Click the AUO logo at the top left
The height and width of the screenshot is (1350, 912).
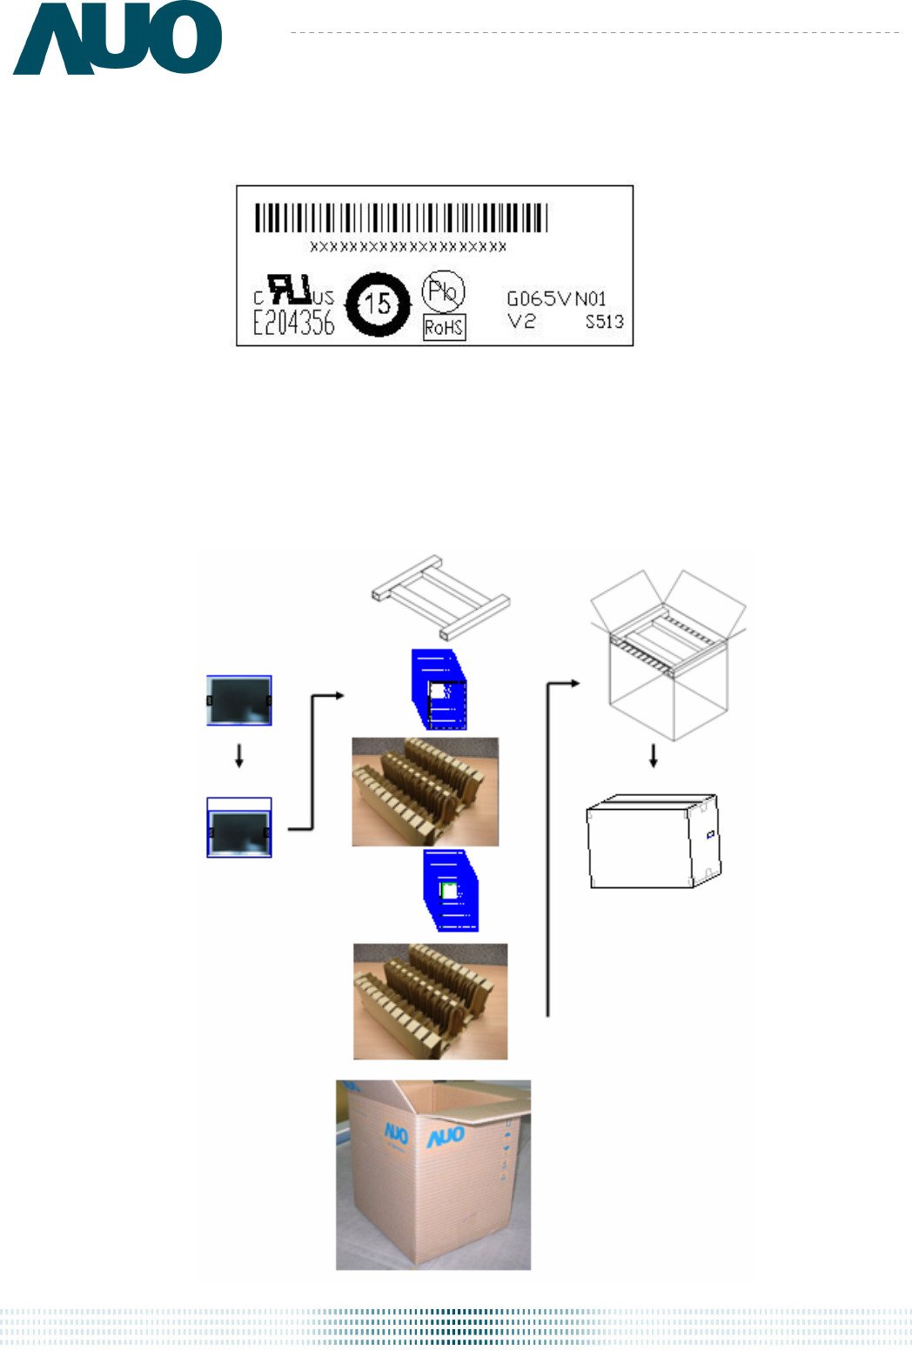pos(117,39)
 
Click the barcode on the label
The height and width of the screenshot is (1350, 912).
pos(401,217)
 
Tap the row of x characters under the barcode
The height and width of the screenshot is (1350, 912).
pos(408,247)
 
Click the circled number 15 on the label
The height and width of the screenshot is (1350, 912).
pos(378,304)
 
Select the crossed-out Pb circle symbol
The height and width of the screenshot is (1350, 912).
pos(443,291)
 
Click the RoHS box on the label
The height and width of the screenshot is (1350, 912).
pos(444,328)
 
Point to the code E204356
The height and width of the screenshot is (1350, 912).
pos(293,324)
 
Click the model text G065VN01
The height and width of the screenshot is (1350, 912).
pos(556,299)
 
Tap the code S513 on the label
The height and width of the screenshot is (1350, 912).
pos(604,322)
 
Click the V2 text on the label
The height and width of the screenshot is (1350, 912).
pos(522,321)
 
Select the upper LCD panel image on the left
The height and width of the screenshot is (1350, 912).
pos(239,700)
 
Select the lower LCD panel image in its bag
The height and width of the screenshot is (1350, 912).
pos(239,828)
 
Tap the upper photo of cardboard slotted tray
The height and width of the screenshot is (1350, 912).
pos(425,792)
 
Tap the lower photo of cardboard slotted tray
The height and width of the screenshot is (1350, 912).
pos(430,1001)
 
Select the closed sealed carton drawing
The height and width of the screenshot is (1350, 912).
pos(653,841)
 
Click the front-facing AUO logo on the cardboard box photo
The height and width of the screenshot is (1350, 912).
pos(445,1137)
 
